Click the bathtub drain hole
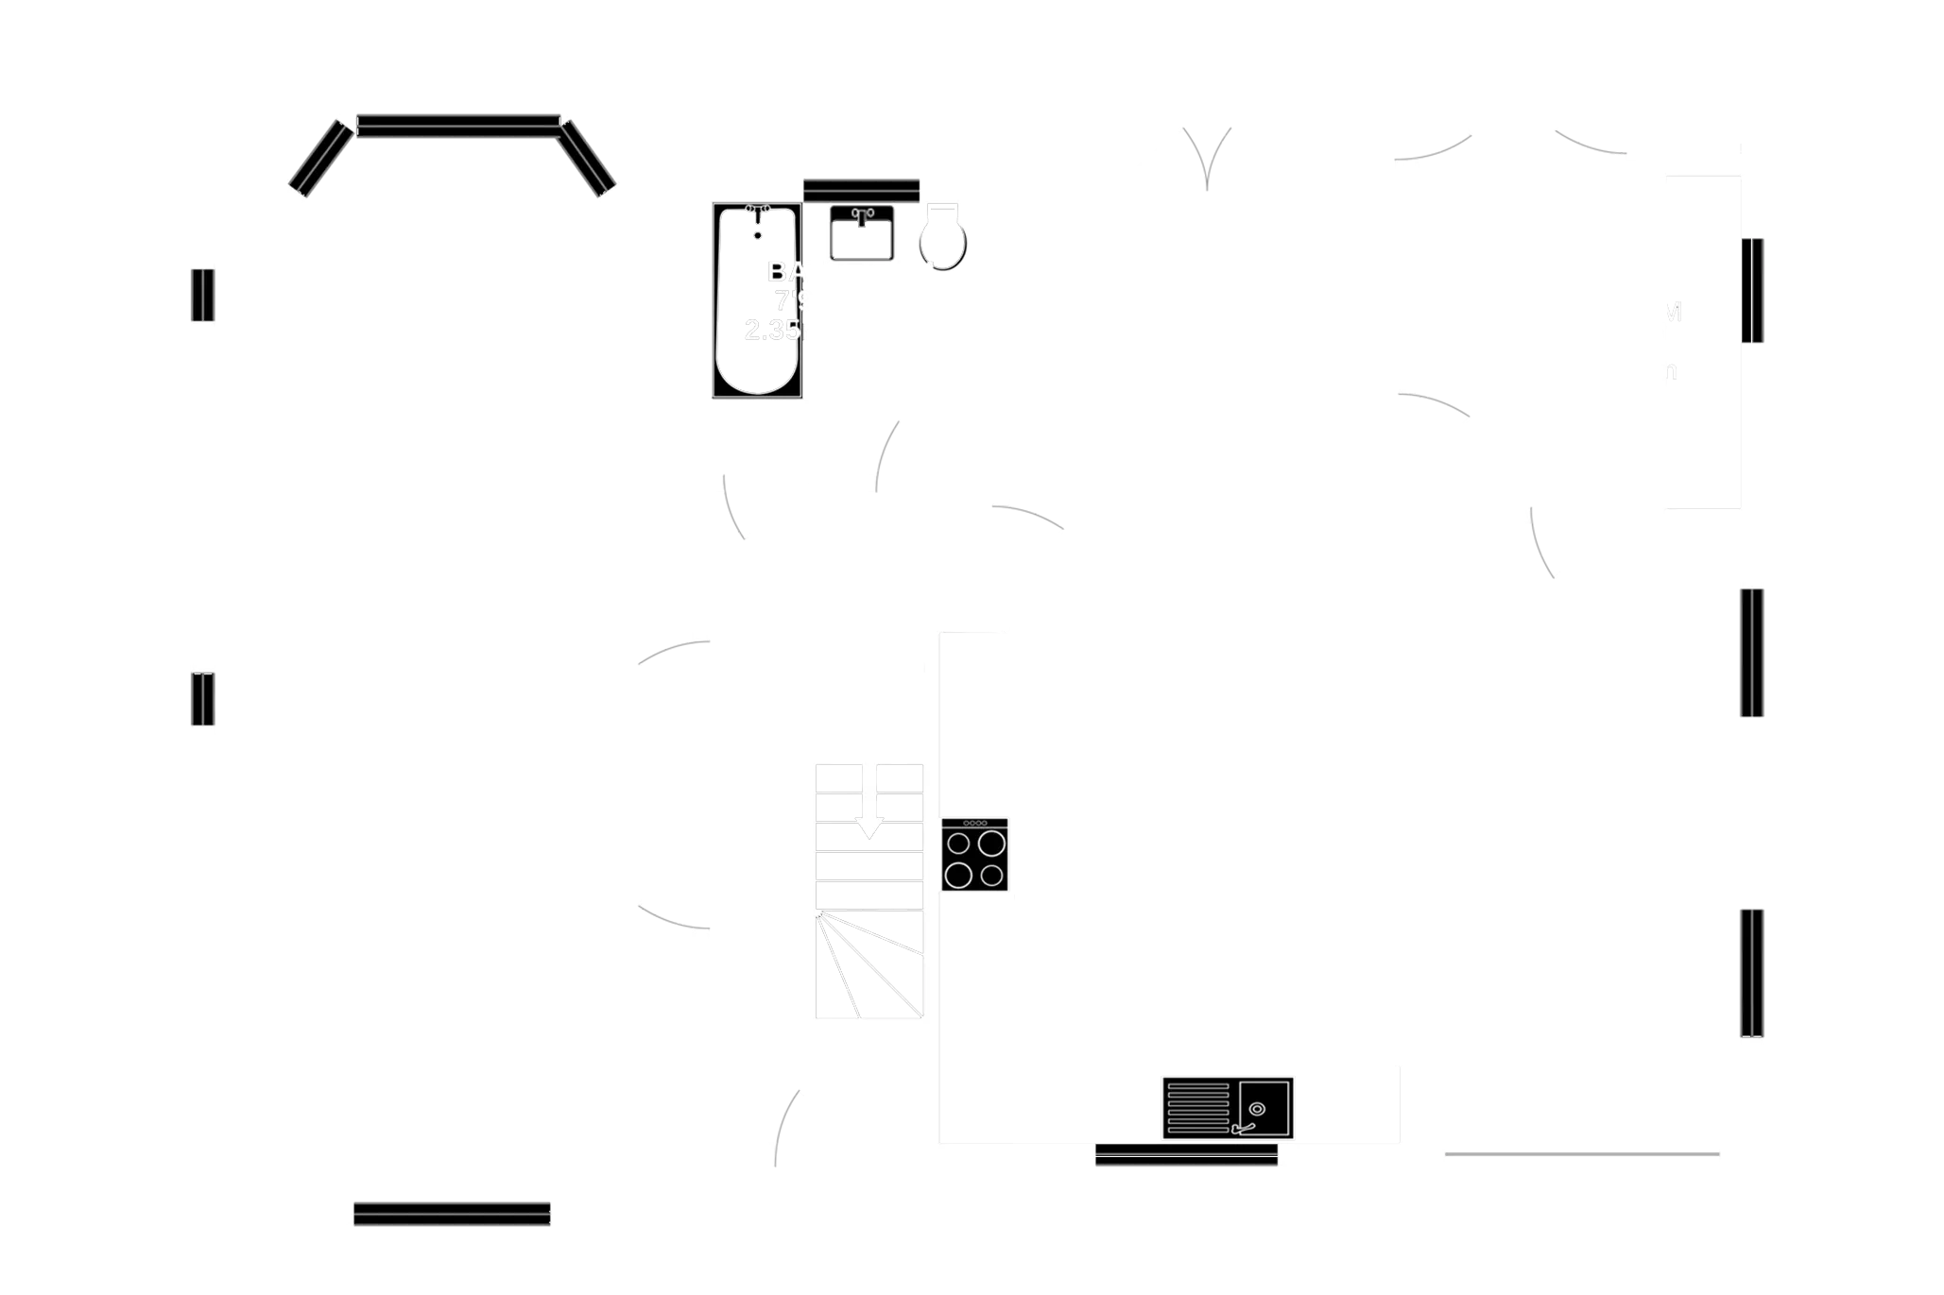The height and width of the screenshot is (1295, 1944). tap(757, 234)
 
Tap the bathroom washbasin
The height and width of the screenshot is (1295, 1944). tap(861, 230)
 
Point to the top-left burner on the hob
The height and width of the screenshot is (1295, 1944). tap(959, 842)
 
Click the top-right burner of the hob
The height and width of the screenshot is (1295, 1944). tap(991, 842)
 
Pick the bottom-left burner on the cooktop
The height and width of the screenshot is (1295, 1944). tap(959, 876)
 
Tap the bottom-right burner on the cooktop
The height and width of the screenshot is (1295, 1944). tap(991, 876)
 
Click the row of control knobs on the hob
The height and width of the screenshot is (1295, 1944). tap(975, 824)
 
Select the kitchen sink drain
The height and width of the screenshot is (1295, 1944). tap(1257, 1109)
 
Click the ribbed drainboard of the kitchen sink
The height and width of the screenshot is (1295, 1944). tap(1198, 1107)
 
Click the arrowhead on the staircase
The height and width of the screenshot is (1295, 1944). tap(869, 829)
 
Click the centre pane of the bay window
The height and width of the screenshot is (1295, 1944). tap(458, 126)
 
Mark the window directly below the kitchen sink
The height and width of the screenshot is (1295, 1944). tap(1186, 1155)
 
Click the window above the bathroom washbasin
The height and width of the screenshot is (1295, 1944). tap(861, 190)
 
